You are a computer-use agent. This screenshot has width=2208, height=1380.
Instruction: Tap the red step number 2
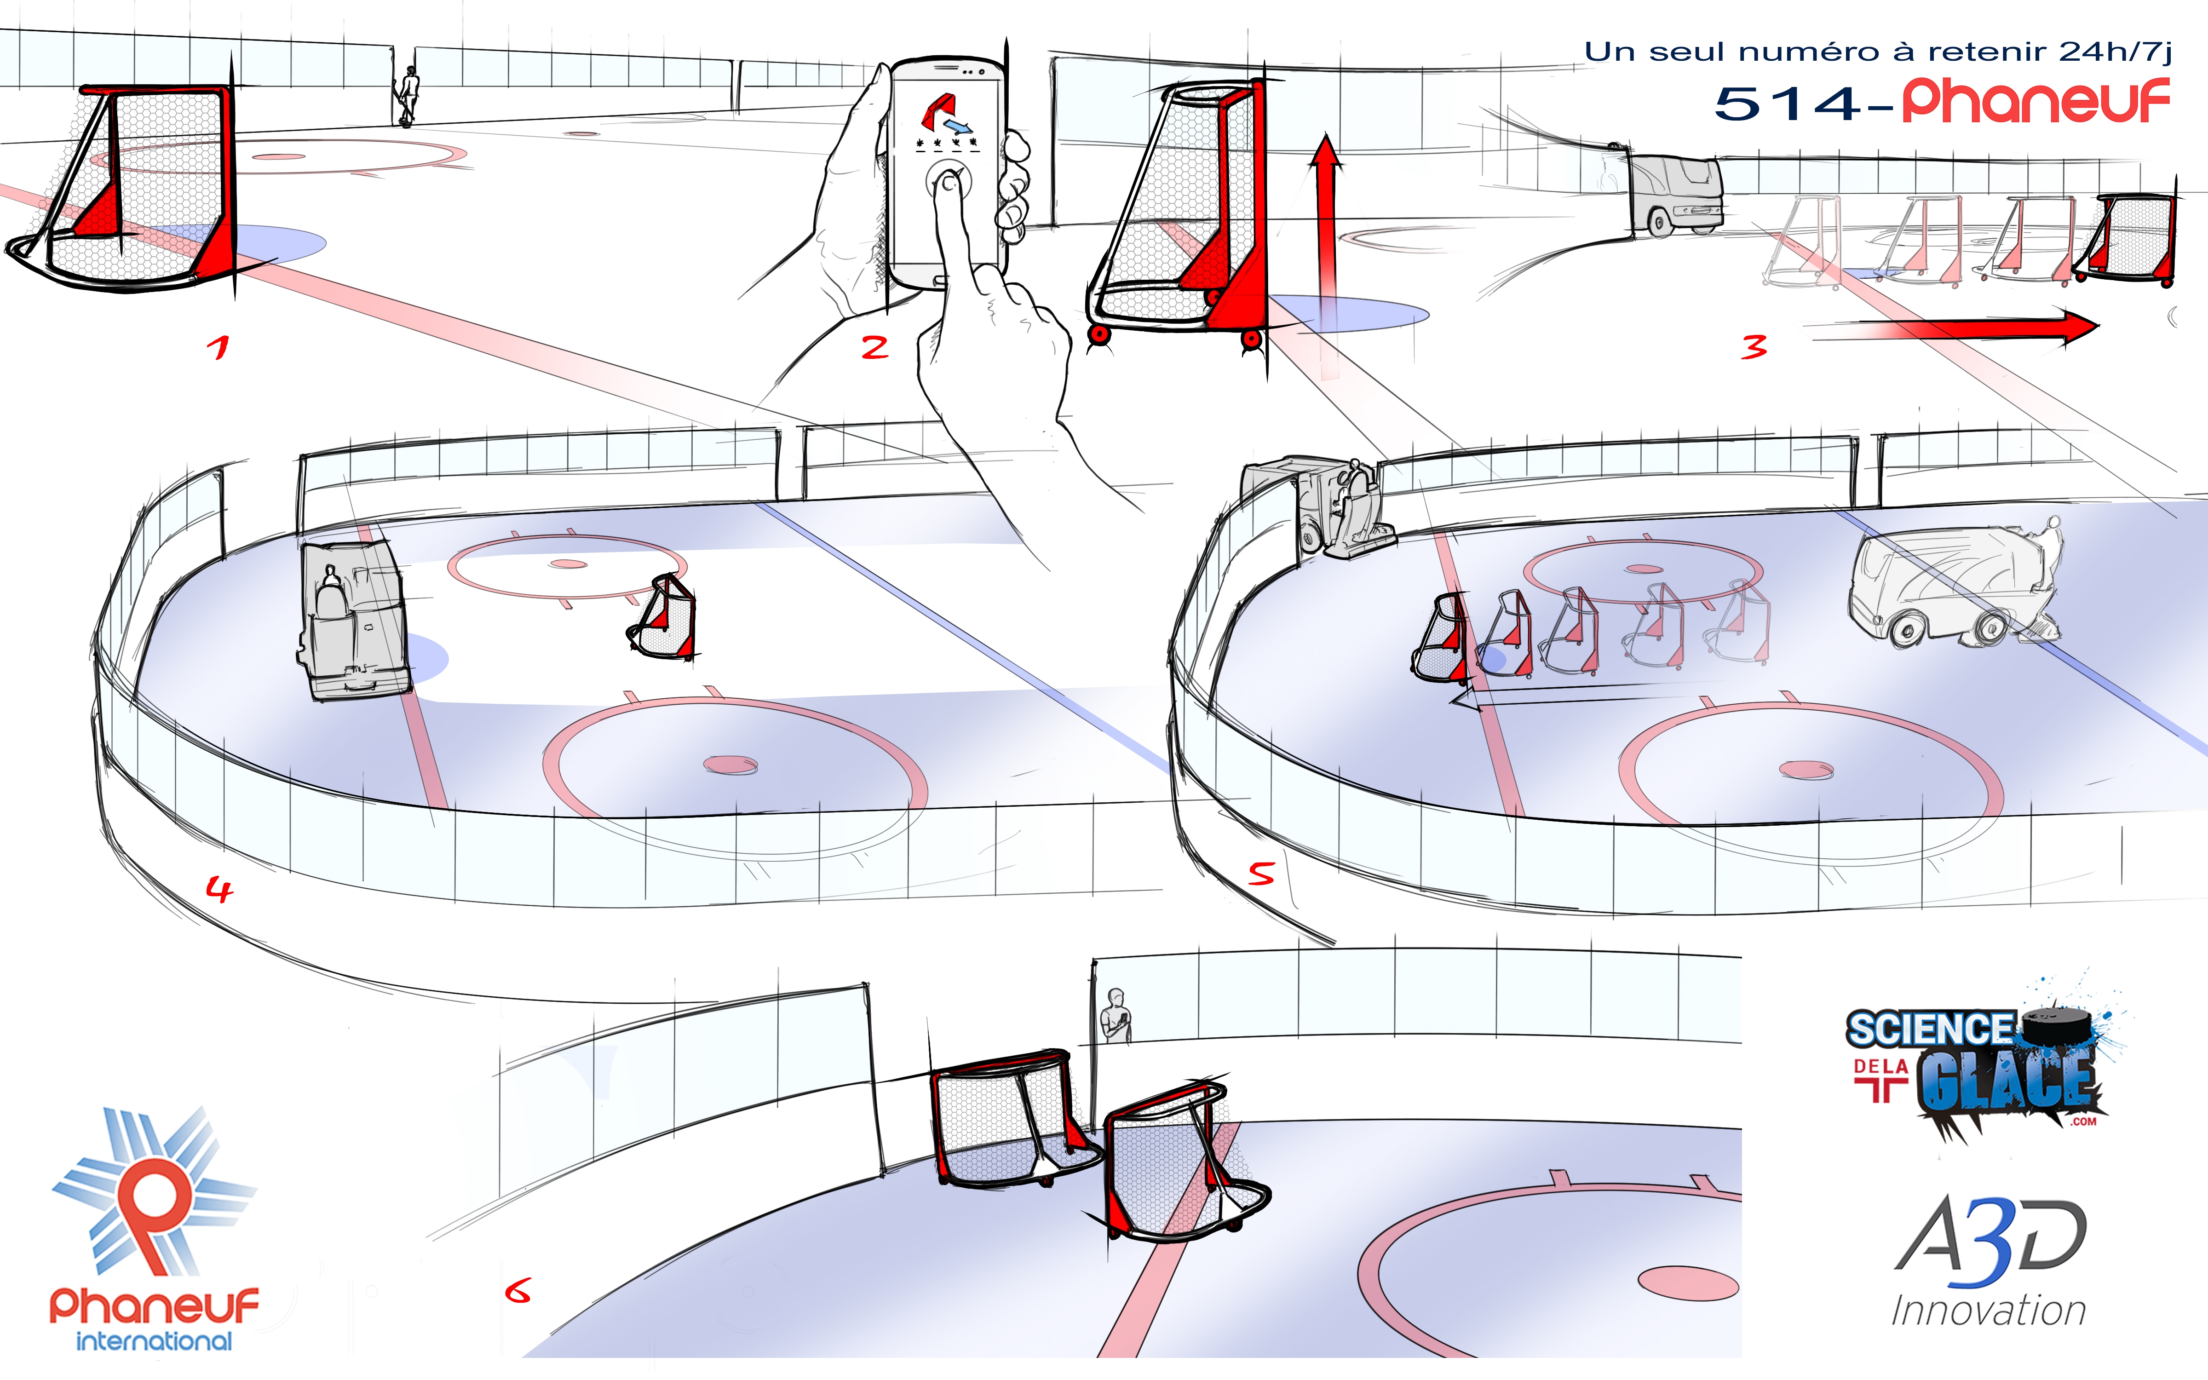tap(874, 347)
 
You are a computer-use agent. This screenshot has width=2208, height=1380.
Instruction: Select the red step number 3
tap(1753, 347)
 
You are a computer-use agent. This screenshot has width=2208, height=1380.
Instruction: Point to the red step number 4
tap(219, 888)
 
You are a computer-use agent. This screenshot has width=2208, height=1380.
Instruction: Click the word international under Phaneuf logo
tap(154, 1341)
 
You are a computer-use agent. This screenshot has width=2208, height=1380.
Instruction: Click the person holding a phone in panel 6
tap(1115, 1016)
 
